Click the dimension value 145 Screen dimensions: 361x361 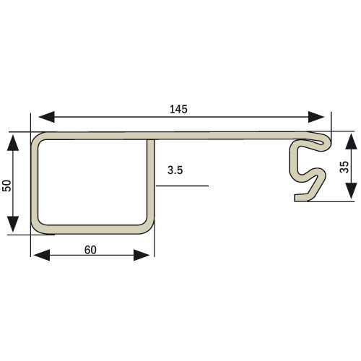pyautogui.click(x=179, y=110)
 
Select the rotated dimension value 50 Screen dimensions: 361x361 pyautogui.click(x=7, y=185)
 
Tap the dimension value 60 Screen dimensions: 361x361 pyautogui.click(x=90, y=250)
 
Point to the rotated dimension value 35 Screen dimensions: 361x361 pyautogui.click(x=344, y=166)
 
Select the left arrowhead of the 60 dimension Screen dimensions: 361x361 pyautogui.click(x=39, y=254)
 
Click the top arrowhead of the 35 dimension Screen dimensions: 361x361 pyautogui.click(x=349, y=139)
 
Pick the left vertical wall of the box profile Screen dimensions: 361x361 pyautogui.click(x=34, y=184)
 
